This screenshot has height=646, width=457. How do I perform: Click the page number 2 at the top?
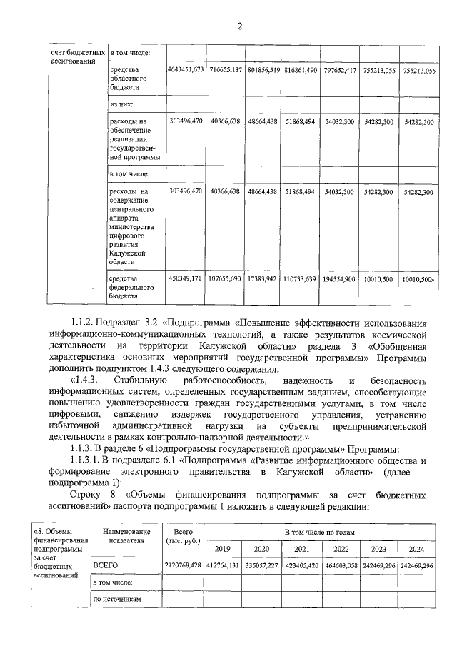pos(240,26)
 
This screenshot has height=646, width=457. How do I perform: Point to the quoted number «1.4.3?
pos(87,380)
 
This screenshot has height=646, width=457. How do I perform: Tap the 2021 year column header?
pos(301,548)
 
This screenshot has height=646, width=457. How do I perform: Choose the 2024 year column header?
pos(417,548)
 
